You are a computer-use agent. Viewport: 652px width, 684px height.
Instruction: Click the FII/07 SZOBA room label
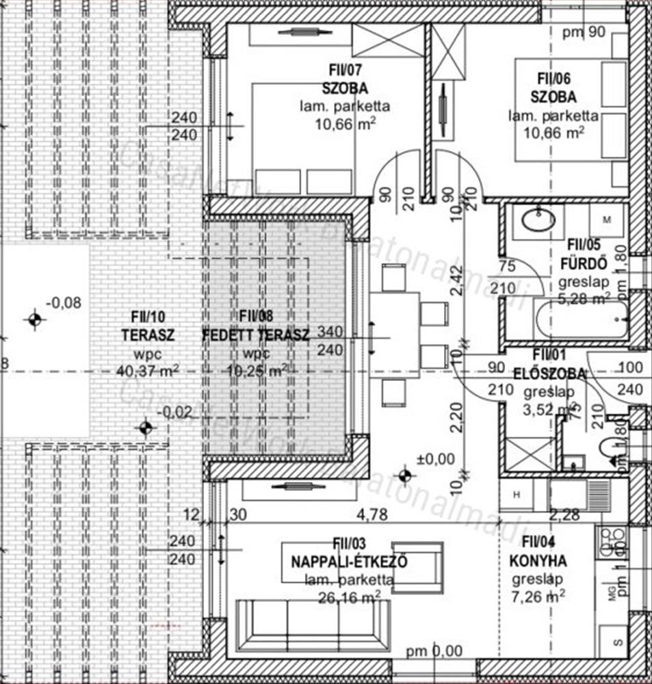(x=345, y=88)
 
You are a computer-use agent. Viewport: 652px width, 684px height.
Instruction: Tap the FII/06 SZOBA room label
(x=553, y=96)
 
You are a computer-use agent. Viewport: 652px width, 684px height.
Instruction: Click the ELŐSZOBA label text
(x=549, y=373)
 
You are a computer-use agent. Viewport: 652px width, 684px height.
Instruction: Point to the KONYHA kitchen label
(x=538, y=562)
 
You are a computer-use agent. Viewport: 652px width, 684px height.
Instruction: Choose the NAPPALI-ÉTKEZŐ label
(x=349, y=562)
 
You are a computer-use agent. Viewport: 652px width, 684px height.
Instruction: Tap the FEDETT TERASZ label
(x=257, y=335)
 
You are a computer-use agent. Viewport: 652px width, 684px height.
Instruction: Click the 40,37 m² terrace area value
(x=148, y=370)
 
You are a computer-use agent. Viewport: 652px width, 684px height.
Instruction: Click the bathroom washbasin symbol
(x=538, y=222)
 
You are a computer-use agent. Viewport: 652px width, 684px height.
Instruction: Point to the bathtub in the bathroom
(x=582, y=319)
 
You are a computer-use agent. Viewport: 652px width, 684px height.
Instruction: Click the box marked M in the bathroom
(x=608, y=220)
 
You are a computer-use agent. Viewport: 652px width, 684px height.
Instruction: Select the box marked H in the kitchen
(x=517, y=495)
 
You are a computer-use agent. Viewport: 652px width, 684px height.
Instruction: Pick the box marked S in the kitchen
(x=618, y=643)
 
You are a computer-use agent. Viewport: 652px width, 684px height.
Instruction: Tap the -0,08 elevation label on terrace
(x=63, y=302)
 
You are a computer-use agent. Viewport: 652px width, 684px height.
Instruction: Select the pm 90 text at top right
(x=583, y=31)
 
